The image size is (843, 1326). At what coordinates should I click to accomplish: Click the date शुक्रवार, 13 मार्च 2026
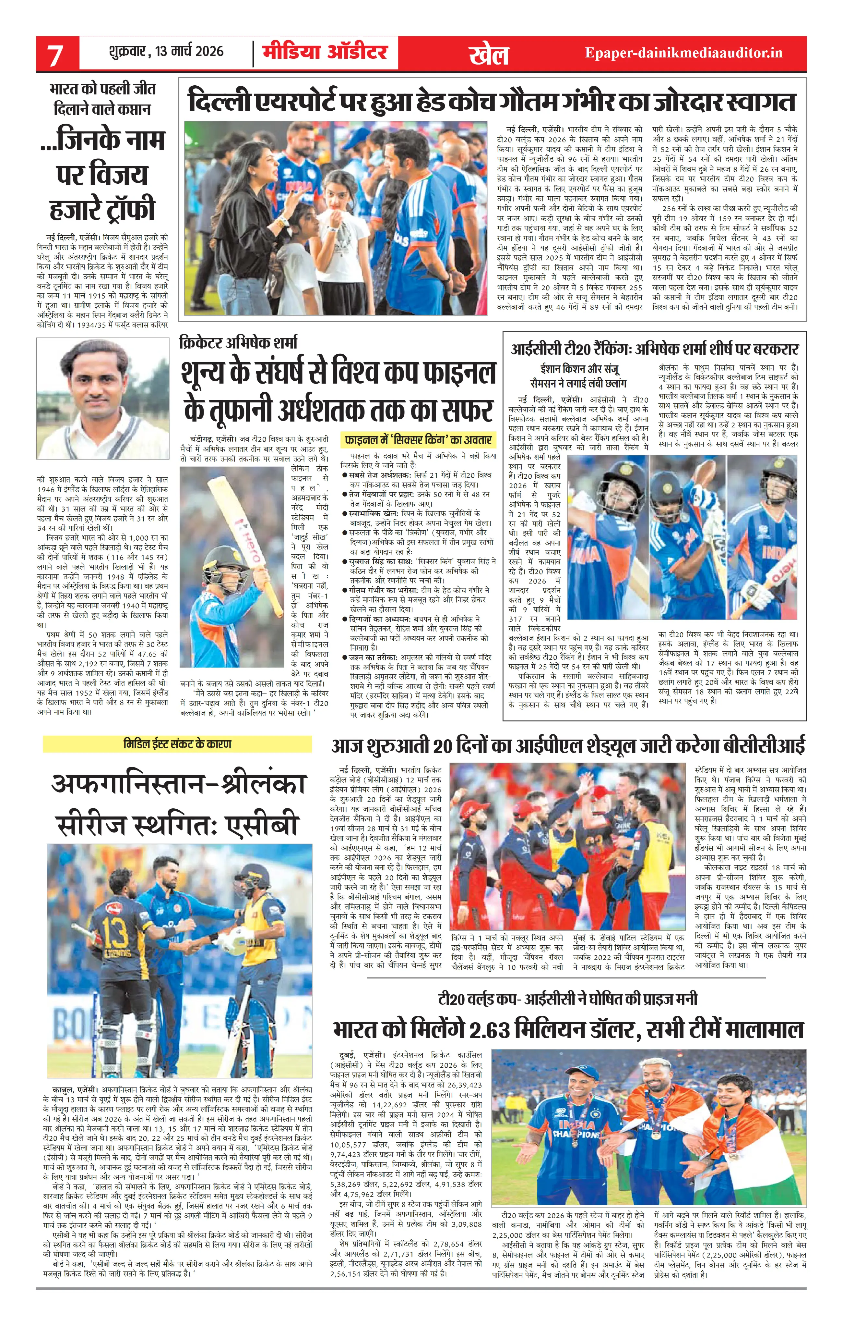pyautogui.click(x=167, y=52)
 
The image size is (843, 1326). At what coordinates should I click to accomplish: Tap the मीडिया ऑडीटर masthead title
pyautogui.click(x=325, y=52)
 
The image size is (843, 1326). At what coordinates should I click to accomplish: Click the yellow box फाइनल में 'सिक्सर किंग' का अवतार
pyautogui.click(x=418, y=440)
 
